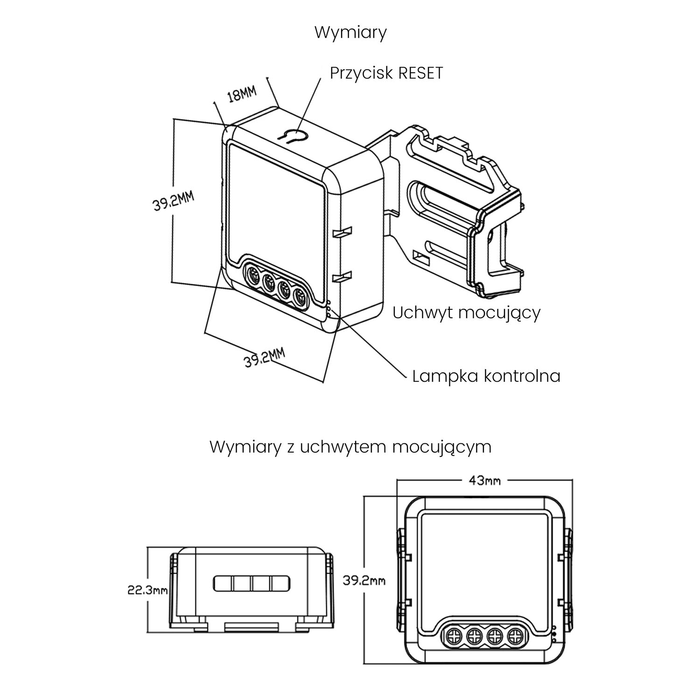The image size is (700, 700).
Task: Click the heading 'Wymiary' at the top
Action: click(350, 33)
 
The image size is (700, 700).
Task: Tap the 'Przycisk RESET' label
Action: click(386, 73)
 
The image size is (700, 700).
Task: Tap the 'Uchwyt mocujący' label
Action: click(466, 313)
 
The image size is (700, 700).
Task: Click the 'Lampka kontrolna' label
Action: click(486, 376)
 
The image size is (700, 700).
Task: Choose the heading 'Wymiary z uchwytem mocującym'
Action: click(350, 447)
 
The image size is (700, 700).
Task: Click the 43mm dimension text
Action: click(484, 480)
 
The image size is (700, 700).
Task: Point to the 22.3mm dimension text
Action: click(147, 590)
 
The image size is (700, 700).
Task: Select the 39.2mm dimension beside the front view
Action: click(364, 581)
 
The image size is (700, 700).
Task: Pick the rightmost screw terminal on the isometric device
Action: click(299, 296)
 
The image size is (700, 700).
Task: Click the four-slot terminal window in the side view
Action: click(252, 583)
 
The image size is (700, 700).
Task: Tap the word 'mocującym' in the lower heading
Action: click(441, 447)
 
